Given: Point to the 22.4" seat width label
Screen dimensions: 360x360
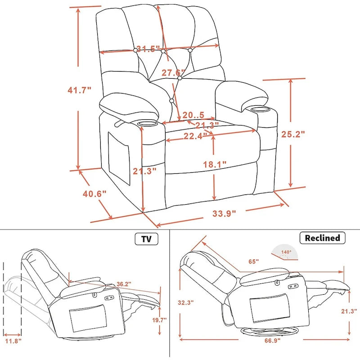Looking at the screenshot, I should pyautogui.click(x=195, y=135).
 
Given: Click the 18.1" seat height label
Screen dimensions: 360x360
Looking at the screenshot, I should pyautogui.click(x=215, y=165).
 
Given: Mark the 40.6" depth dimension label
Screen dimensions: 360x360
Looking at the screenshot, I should pyautogui.click(x=94, y=194).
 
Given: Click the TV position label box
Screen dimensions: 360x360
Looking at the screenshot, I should pyautogui.click(x=147, y=238).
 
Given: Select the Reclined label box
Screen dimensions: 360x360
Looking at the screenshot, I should pyautogui.click(x=323, y=238).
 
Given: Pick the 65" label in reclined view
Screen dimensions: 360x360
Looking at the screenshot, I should pyautogui.click(x=254, y=261).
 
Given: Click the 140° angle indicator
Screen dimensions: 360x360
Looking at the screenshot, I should pyautogui.click(x=287, y=252).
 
